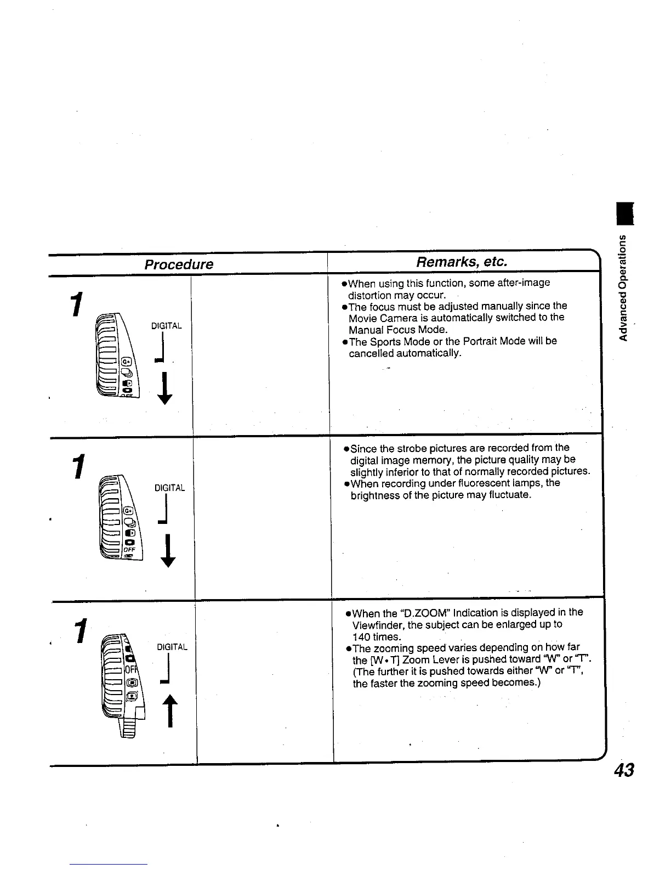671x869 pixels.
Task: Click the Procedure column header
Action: (x=179, y=264)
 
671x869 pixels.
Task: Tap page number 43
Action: (x=624, y=770)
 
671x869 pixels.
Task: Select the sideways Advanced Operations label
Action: (x=623, y=287)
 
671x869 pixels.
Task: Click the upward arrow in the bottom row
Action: (x=171, y=710)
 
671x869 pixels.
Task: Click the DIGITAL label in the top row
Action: (x=166, y=326)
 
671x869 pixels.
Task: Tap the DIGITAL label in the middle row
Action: (x=169, y=488)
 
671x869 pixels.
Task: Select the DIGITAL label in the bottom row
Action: (x=172, y=647)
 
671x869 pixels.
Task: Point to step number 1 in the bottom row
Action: (x=82, y=631)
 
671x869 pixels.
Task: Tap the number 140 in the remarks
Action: (x=362, y=636)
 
